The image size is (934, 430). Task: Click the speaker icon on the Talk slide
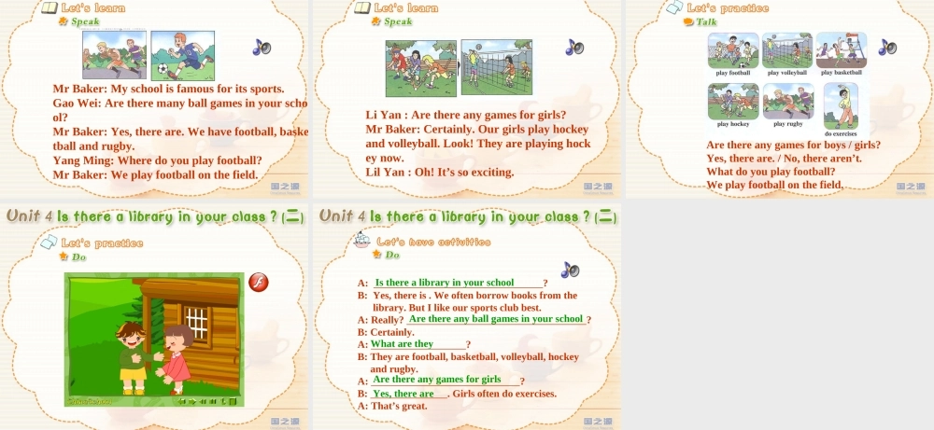tap(886, 47)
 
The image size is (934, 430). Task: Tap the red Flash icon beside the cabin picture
tap(259, 282)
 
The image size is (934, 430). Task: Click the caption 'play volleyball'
tap(786, 72)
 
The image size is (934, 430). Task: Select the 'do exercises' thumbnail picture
tap(841, 105)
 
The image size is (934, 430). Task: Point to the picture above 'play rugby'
tap(787, 101)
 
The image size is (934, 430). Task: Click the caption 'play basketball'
tap(842, 72)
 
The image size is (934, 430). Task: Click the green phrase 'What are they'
tap(403, 344)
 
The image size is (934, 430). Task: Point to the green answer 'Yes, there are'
tap(403, 394)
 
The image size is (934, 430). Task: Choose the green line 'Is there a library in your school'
tap(445, 283)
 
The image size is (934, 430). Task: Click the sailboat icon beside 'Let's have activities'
tap(363, 242)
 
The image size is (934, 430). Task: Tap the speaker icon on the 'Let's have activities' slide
tap(570, 270)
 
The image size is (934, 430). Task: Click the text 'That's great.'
tap(399, 406)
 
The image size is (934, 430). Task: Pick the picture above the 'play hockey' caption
tap(733, 101)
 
